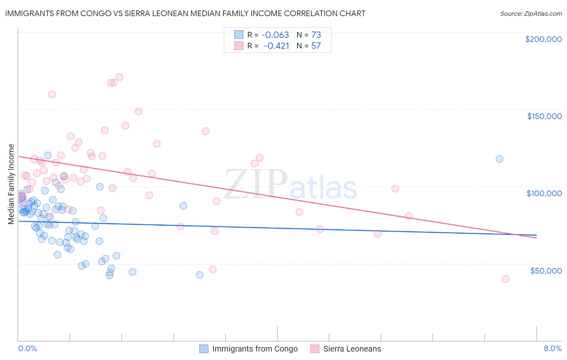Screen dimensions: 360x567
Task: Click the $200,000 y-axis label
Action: pyautogui.click(x=543, y=39)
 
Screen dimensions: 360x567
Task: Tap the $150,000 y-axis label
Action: pyautogui.click(x=544, y=116)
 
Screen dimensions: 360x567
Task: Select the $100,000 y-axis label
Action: pyautogui.click(x=544, y=193)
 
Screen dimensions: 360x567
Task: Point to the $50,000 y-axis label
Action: pyautogui.click(x=546, y=270)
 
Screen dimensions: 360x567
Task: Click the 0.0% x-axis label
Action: pyautogui.click(x=27, y=348)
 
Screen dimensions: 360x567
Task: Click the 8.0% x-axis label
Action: pyautogui.click(x=552, y=348)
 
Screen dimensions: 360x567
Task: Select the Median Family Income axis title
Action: pyautogui.click(x=11, y=184)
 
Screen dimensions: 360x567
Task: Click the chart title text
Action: pyautogui.click(x=185, y=13)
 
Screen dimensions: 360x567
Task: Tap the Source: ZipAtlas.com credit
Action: pyautogui.click(x=531, y=13)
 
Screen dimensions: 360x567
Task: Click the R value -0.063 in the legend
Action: pyautogui.click(x=275, y=35)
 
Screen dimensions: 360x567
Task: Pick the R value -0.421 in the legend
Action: pyautogui.click(x=276, y=46)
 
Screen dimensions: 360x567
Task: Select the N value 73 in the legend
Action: pyautogui.click(x=316, y=35)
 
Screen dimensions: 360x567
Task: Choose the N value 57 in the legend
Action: pyautogui.click(x=316, y=46)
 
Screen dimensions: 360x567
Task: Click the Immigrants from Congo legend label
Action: pyautogui.click(x=254, y=349)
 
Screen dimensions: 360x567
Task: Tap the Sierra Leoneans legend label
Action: pyautogui.click(x=352, y=349)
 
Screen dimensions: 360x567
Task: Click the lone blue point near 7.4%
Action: pyautogui.click(x=499, y=159)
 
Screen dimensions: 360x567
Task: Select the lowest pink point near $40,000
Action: pyautogui.click(x=505, y=279)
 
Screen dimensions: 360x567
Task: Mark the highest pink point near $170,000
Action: pyautogui.click(x=119, y=77)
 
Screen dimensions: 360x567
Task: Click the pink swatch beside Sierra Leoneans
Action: pyautogui.click(x=315, y=349)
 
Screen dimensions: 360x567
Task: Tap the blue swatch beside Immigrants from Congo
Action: pyautogui.click(x=204, y=349)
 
